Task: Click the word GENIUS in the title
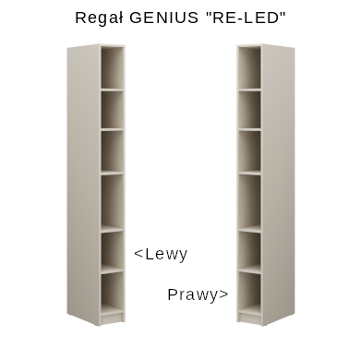[x=164, y=18]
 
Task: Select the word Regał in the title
[x=100, y=18]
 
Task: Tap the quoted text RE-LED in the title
[x=246, y=18]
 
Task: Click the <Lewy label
[x=161, y=255]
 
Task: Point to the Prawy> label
[x=198, y=294]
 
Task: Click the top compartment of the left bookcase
[x=113, y=68]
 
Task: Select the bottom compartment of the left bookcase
[x=113, y=293]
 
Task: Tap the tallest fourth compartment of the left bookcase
[x=113, y=201]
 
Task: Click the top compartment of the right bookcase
[x=249, y=68]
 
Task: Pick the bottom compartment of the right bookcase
[x=249, y=293]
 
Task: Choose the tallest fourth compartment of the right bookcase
[x=249, y=201]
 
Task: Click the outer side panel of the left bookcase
[x=83, y=185]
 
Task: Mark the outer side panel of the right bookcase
[x=278, y=185]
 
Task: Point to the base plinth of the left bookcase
[x=113, y=318]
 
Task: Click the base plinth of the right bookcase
[x=249, y=318]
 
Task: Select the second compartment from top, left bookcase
[x=113, y=110]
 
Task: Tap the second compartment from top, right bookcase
[x=249, y=110]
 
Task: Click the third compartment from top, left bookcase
[x=113, y=151]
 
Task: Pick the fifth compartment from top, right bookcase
[x=249, y=250]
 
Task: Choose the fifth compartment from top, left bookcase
[x=113, y=250]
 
